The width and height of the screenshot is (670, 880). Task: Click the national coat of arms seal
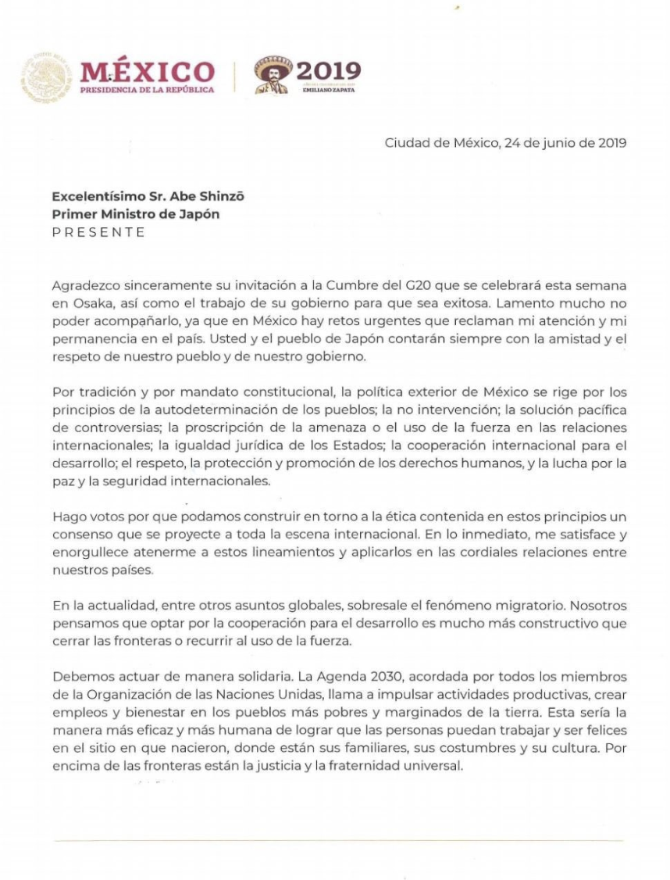coord(45,77)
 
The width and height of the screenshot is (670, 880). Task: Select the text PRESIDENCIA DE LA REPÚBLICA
coord(146,89)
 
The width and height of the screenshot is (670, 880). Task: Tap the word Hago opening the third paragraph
coord(67,517)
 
